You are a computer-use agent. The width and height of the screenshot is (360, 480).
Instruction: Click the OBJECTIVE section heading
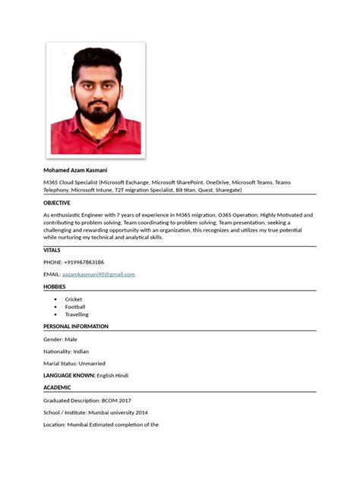coord(57,203)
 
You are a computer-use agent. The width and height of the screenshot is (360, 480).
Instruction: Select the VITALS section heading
coord(52,250)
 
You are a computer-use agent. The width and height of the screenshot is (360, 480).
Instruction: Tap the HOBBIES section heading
coord(55,286)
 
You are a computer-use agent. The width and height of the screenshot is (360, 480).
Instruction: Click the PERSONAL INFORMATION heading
coord(76,327)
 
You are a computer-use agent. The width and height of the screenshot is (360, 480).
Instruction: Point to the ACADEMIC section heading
coord(60,387)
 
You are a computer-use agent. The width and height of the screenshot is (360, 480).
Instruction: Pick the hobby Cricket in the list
coord(74,299)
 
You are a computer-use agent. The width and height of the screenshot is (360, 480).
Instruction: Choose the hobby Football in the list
coord(75,307)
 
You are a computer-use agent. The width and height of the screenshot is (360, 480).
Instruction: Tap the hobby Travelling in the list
coord(77,314)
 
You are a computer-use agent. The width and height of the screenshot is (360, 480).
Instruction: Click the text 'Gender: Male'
coord(61,339)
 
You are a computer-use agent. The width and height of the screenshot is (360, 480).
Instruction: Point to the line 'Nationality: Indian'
coord(66,352)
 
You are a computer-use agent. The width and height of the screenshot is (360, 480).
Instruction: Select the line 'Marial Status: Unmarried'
coord(74,364)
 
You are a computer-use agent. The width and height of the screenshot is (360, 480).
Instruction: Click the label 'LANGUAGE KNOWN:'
coord(69,375)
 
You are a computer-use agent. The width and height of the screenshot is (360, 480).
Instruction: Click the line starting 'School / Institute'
coord(96,412)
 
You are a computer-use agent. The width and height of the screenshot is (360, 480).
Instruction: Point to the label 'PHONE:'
coord(52,262)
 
